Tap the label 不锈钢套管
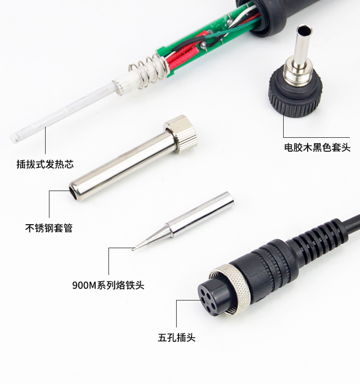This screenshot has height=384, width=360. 48,228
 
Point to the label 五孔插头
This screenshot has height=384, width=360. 176,337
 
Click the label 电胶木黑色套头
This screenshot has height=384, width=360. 317,147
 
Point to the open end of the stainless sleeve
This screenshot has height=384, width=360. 74,191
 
